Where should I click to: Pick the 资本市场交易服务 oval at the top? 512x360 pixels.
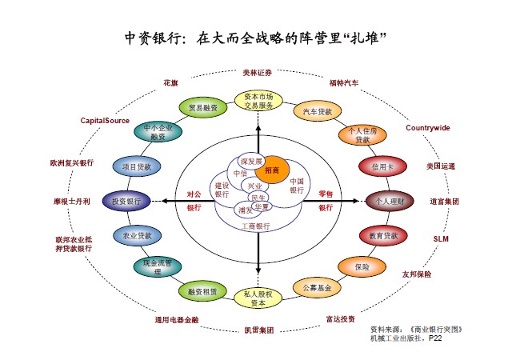[258, 102]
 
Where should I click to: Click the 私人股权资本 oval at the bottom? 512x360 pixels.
[258, 298]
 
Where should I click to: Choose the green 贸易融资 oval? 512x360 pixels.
[203, 108]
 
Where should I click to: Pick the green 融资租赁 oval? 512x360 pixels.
[203, 291]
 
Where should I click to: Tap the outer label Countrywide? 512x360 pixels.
[427, 128]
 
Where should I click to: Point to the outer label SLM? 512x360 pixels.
[441, 238]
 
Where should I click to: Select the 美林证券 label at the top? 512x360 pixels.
[258, 72]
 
